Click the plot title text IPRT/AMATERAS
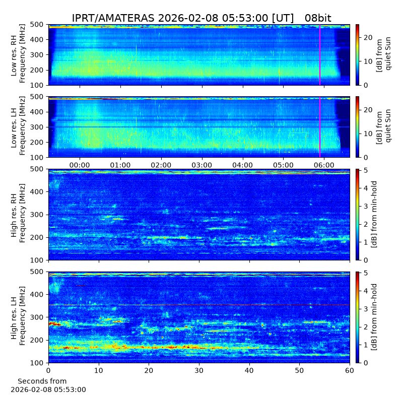click(x=113, y=18)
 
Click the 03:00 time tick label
click(x=202, y=165)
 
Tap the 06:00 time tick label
click(x=324, y=165)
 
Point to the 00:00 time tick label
click(x=80, y=165)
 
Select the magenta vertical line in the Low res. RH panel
click(x=320, y=55)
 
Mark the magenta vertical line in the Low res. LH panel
click(x=320, y=127)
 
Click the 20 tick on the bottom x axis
click(x=149, y=370)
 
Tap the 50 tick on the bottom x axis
click(x=299, y=370)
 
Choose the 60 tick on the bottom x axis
click(x=350, y=370)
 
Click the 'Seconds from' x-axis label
click(x=42, y=381)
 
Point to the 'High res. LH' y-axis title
click(x=14, y=318)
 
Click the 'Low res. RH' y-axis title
click(x=14, y=55)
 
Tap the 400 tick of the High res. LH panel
click(x=36, y=294)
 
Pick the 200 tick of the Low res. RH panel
click(x=36, y=70)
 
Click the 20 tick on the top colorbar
click(x=368, y=37)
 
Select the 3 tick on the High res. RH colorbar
click(x=366, y=206)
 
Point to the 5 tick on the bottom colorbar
click(x=366, y=273)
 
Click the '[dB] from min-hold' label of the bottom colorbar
click(x=374, y=317)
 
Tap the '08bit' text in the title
click(x=318, y=18)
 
